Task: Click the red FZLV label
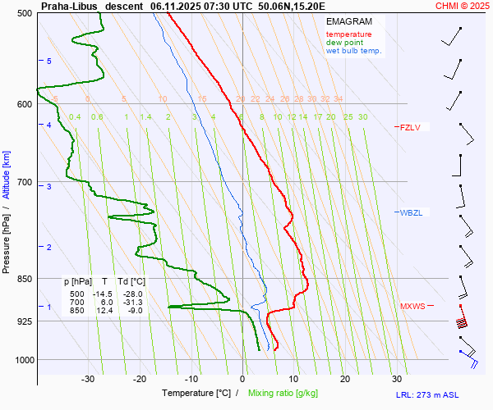coord(409,127)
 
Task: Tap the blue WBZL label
coord(411,213)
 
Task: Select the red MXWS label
coord(412,307)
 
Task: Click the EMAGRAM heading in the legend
coord(348,21)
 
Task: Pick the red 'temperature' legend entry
coord(348,34)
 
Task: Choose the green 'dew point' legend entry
coord(344,43)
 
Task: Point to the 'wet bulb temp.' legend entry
coord(353,51)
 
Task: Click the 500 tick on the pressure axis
coord(25,14)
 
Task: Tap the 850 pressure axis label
coord(25,280)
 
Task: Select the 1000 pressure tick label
coord(22,360)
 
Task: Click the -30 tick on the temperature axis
coord(88,379)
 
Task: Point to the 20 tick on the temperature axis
coord(345,379)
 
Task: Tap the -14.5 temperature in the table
coord(103,294)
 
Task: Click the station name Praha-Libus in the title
coord(69,6)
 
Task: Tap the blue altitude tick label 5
coord(49,61)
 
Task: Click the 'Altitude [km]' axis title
coord(7,176)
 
